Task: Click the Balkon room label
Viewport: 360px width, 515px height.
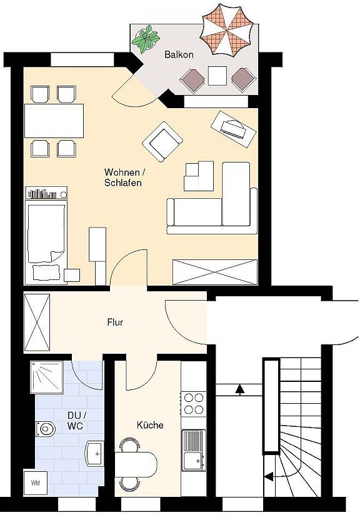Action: click(x=179, y=55)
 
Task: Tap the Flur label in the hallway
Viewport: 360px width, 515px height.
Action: click(x=115, y=323)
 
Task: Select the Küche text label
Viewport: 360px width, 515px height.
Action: click(x=150, y=425)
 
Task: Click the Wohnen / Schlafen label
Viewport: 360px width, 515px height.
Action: click(x=122, y=177)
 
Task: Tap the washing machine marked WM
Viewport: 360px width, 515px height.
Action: click(x=35, y=482)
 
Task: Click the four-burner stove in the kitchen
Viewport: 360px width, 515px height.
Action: click(x=193, y=403)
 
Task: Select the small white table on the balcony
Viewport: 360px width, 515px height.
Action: click(x=217, y=76)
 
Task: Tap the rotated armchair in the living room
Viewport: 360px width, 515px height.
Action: click(x=162, y=142)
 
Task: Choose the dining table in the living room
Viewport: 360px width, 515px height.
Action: click(x=54, y=121)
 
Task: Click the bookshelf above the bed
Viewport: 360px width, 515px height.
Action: click(x=46, y=194)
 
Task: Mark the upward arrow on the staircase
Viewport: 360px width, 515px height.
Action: click(x=239, y=390)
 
